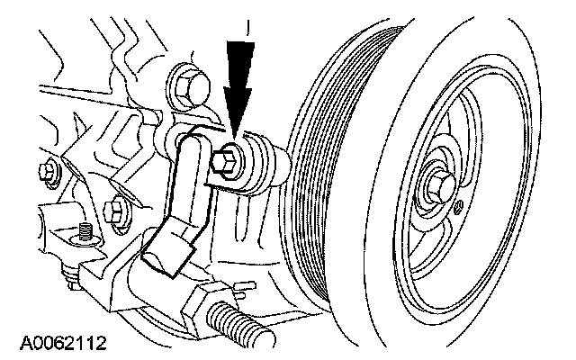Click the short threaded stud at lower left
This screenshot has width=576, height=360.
tap(85, 231)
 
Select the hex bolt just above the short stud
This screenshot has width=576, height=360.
tap(115, 212)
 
